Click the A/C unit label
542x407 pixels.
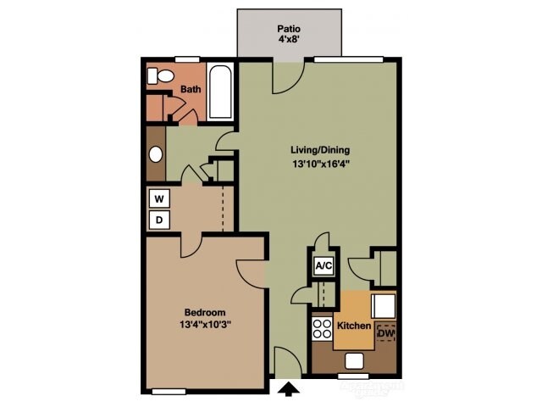tap(323, 265)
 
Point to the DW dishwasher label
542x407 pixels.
tap(385, 334)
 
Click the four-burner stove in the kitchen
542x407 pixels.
tap(322, 327)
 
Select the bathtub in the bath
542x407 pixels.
tap(220, 92)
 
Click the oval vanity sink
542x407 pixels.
tap(156, 155)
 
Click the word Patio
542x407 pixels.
tap(289, 28)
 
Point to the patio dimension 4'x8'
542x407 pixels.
tap(289, 39)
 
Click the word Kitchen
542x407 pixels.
tap(355, 326)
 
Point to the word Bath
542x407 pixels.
tap(190, 88)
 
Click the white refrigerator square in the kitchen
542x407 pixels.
tap(384, 304)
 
